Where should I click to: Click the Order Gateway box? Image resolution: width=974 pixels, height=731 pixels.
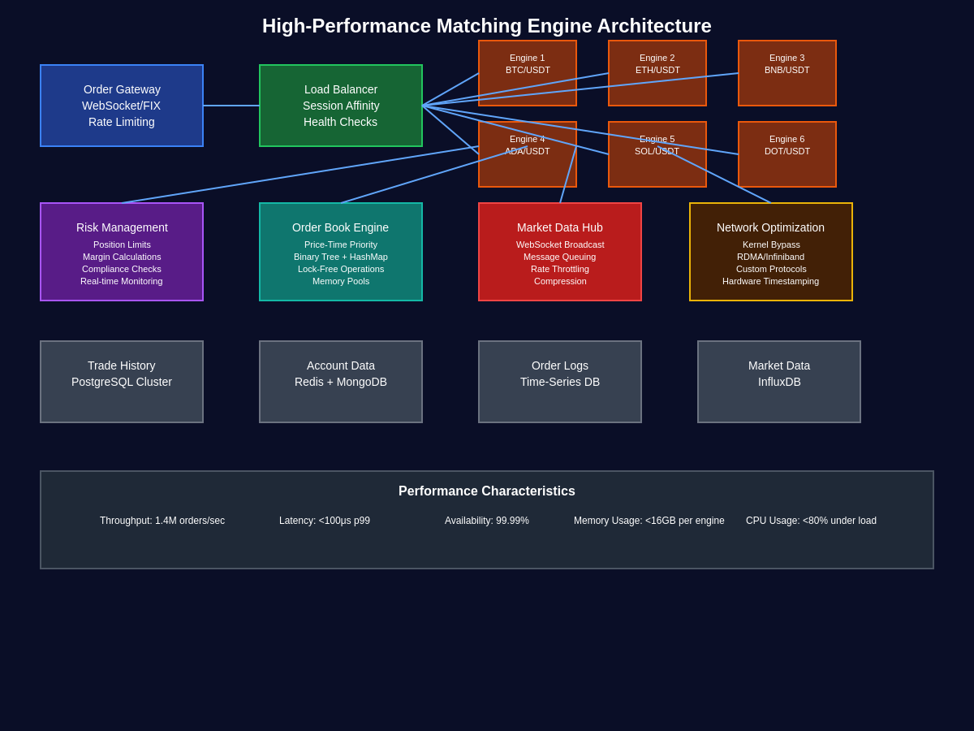point(122,106)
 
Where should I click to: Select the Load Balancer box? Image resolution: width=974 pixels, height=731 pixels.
point(341,106)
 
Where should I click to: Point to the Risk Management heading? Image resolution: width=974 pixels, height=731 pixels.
point(122,227)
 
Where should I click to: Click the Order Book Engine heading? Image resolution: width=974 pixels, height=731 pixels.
point(341,227)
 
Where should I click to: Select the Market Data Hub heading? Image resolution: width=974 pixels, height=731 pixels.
point(560,227)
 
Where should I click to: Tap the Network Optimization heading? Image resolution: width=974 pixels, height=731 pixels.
point(770,227)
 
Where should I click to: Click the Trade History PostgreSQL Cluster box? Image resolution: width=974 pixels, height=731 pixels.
point(122,382)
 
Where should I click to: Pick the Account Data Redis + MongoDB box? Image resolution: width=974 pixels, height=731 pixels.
point(341,382)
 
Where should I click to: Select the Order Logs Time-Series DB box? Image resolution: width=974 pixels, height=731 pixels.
point(560,382)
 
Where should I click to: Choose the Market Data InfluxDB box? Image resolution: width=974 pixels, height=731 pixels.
point(779,382)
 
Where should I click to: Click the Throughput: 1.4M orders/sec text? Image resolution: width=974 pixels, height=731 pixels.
point(162,521)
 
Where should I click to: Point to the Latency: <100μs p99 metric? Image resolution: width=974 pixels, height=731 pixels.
point(325,521)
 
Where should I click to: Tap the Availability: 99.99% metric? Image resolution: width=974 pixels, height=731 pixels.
point(487,521)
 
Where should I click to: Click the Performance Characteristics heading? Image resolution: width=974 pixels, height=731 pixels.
point(487,491)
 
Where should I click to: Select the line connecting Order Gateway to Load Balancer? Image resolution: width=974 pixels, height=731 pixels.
point(231,106)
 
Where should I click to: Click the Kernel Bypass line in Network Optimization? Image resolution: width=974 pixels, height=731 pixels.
point(771,244)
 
